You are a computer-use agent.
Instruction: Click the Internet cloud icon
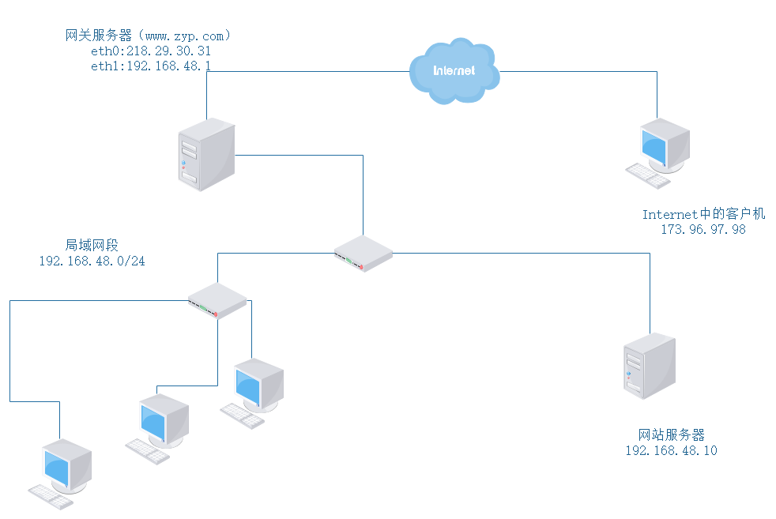pos(454,70)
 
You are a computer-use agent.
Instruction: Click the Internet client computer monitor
pos(664,145)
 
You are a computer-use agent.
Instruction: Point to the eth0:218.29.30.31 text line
pos(151,51)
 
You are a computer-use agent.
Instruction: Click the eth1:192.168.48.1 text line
pos(151,66)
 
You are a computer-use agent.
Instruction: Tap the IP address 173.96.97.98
pos(703,229)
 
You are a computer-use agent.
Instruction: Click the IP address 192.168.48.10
pos(672,450)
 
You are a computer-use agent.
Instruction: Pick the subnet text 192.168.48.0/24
pos(92,261)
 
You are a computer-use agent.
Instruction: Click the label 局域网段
pos(92,245)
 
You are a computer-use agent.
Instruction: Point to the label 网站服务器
pos(672,434)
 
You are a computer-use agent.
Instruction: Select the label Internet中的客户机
pos(703,214)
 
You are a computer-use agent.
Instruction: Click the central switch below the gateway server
pos(363,253)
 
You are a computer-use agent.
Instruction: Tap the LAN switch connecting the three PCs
pos(217,301)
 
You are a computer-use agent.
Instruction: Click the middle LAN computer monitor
pos(163,419)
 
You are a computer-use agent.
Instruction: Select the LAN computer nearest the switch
pos(258,384)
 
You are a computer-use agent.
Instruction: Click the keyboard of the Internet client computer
pos(647,176)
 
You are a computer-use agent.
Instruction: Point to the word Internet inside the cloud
pos(454,70)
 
